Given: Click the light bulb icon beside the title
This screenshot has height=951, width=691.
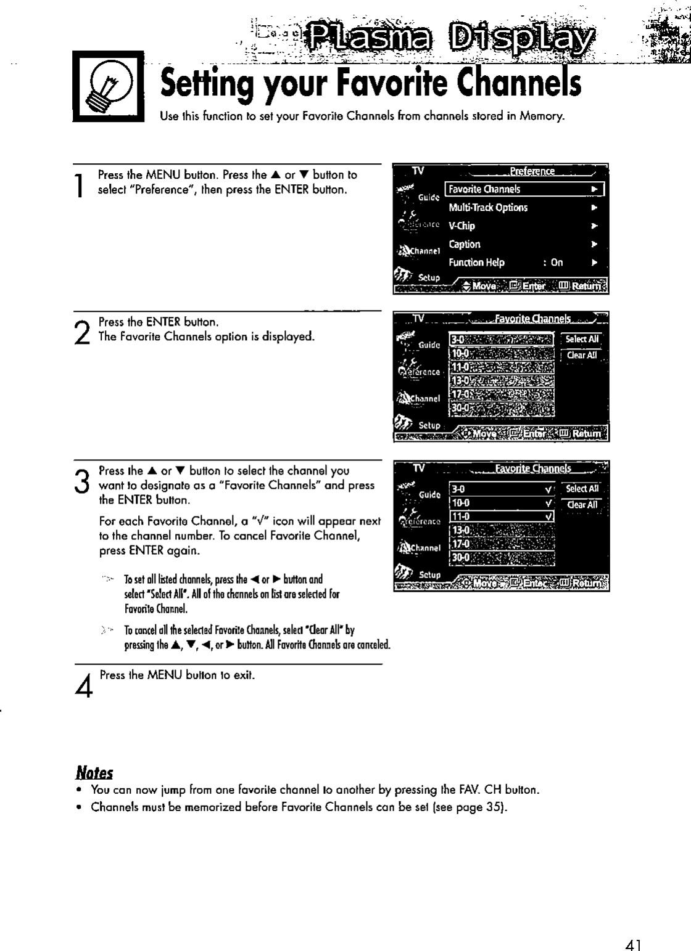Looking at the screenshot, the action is click(107, 86).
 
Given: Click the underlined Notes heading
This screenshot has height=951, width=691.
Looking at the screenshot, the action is click(94, 772).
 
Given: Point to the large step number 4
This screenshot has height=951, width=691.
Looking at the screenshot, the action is click(87, 684).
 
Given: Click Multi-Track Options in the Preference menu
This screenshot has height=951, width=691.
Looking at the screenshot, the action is click(488, 208).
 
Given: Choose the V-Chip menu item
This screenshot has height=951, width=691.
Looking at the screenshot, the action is click(461, 226).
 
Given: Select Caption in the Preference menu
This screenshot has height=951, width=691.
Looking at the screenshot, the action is click(465, 244).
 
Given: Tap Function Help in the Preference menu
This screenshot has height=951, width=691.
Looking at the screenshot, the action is click(476, 263).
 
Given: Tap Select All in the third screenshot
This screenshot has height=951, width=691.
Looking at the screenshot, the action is click(582, 489).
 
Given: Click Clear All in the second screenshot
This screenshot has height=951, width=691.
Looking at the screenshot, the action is click(582, 355).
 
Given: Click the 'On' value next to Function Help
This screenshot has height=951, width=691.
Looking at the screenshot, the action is click(557, 263).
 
